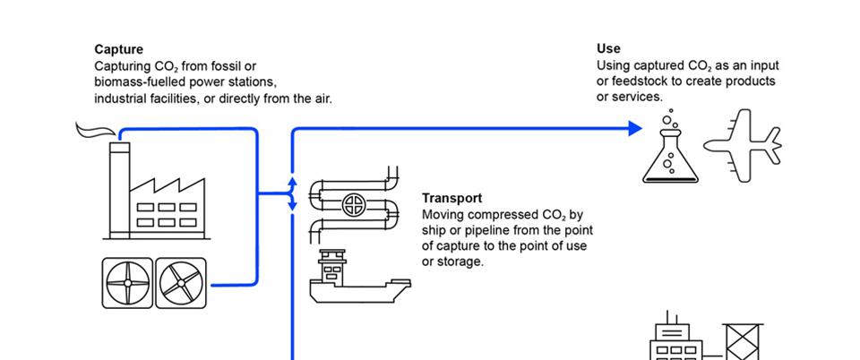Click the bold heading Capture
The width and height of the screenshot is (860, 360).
point(118,50)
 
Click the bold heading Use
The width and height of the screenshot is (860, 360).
point(608,49)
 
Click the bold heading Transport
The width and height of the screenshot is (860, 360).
point(451,199)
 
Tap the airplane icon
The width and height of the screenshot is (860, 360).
point(743,145)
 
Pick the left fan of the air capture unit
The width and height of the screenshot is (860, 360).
point(127,284)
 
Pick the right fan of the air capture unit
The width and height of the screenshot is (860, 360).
point(182,284)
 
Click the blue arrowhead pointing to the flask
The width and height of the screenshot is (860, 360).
point(635,129)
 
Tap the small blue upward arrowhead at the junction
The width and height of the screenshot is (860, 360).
point(292,183)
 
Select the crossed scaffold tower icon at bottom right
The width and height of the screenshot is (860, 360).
point(743,342)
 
